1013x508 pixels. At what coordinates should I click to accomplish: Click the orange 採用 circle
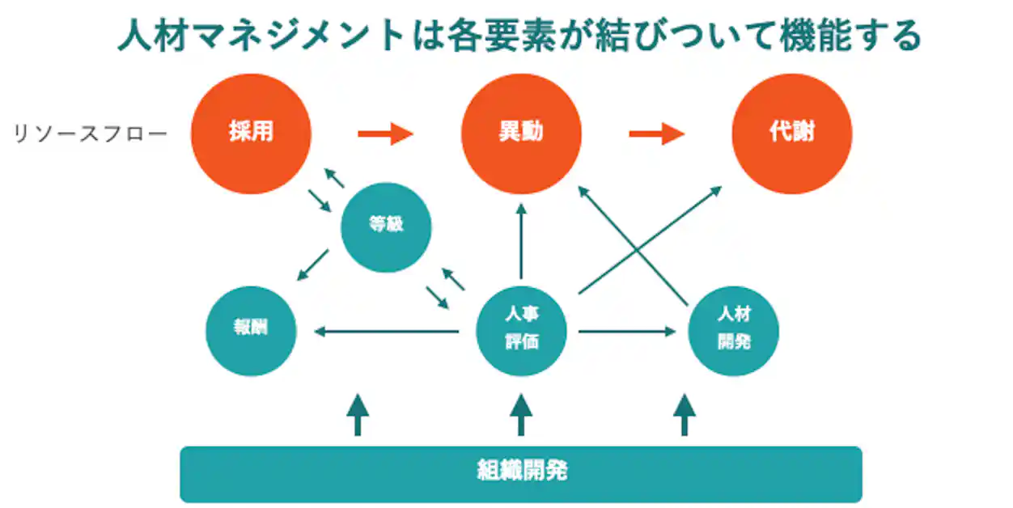251,133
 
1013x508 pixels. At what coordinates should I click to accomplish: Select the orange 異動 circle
521,133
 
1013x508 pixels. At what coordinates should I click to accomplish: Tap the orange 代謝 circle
791,133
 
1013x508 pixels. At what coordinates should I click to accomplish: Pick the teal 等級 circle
386,226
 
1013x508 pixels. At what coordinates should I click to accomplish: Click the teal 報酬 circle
251,331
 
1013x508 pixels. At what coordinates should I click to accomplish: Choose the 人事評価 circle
521,331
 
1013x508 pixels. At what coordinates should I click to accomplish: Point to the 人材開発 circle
733,331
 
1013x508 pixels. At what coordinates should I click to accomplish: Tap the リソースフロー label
90,133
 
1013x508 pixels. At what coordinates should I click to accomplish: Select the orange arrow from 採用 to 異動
386,133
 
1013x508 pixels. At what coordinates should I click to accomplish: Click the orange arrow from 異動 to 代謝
657,133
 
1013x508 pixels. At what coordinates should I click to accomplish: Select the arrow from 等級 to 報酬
312,265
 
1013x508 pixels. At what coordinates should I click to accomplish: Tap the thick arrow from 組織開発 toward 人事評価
521,415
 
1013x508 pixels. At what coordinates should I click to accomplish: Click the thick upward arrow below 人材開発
685,415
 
